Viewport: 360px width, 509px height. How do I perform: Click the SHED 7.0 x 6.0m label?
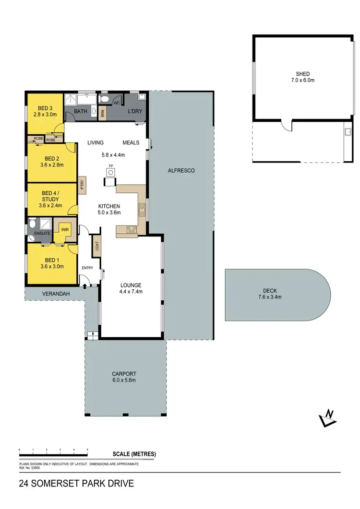tap(302, 77)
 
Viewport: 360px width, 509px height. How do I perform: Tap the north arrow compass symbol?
tap(328, 418)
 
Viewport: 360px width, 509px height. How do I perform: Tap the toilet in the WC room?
tap(106, 100)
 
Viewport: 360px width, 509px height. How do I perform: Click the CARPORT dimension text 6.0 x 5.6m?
tap(124, 380)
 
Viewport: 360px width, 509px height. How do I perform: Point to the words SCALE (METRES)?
tap(134, 454)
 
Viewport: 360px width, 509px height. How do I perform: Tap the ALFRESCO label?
tap(181, 170)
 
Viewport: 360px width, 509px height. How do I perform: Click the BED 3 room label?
tap(45, 111)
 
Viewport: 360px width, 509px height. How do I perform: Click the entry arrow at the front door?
tap(85, 286)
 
